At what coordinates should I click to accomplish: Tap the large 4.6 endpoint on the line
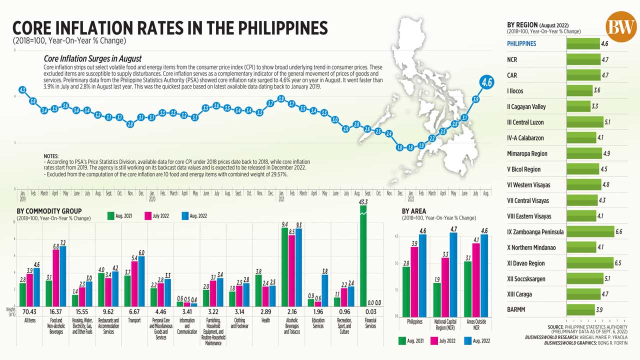pyautogui.click(x=487, y=82)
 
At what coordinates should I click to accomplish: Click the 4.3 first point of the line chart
pyautogui.click(x=22, y=90)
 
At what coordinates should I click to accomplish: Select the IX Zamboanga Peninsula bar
pyautogui.click(x=590, y=231)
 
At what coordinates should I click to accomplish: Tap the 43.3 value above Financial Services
pyautogui.click(x=363, y=201)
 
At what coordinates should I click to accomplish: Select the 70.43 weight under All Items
pyautogui.click(x=29, y=311)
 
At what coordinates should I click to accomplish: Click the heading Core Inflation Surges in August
pyautogui.click(x=92, y=58)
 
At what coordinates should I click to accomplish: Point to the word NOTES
pyautogui.click(x=51, y=156)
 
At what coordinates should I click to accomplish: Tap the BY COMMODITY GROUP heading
pyautogui.click(x=49, y=211)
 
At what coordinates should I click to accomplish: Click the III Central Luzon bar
pyautogui.click(x=584, y=122)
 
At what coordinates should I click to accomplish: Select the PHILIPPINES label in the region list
pyautogui.click(x=521, y=43)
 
